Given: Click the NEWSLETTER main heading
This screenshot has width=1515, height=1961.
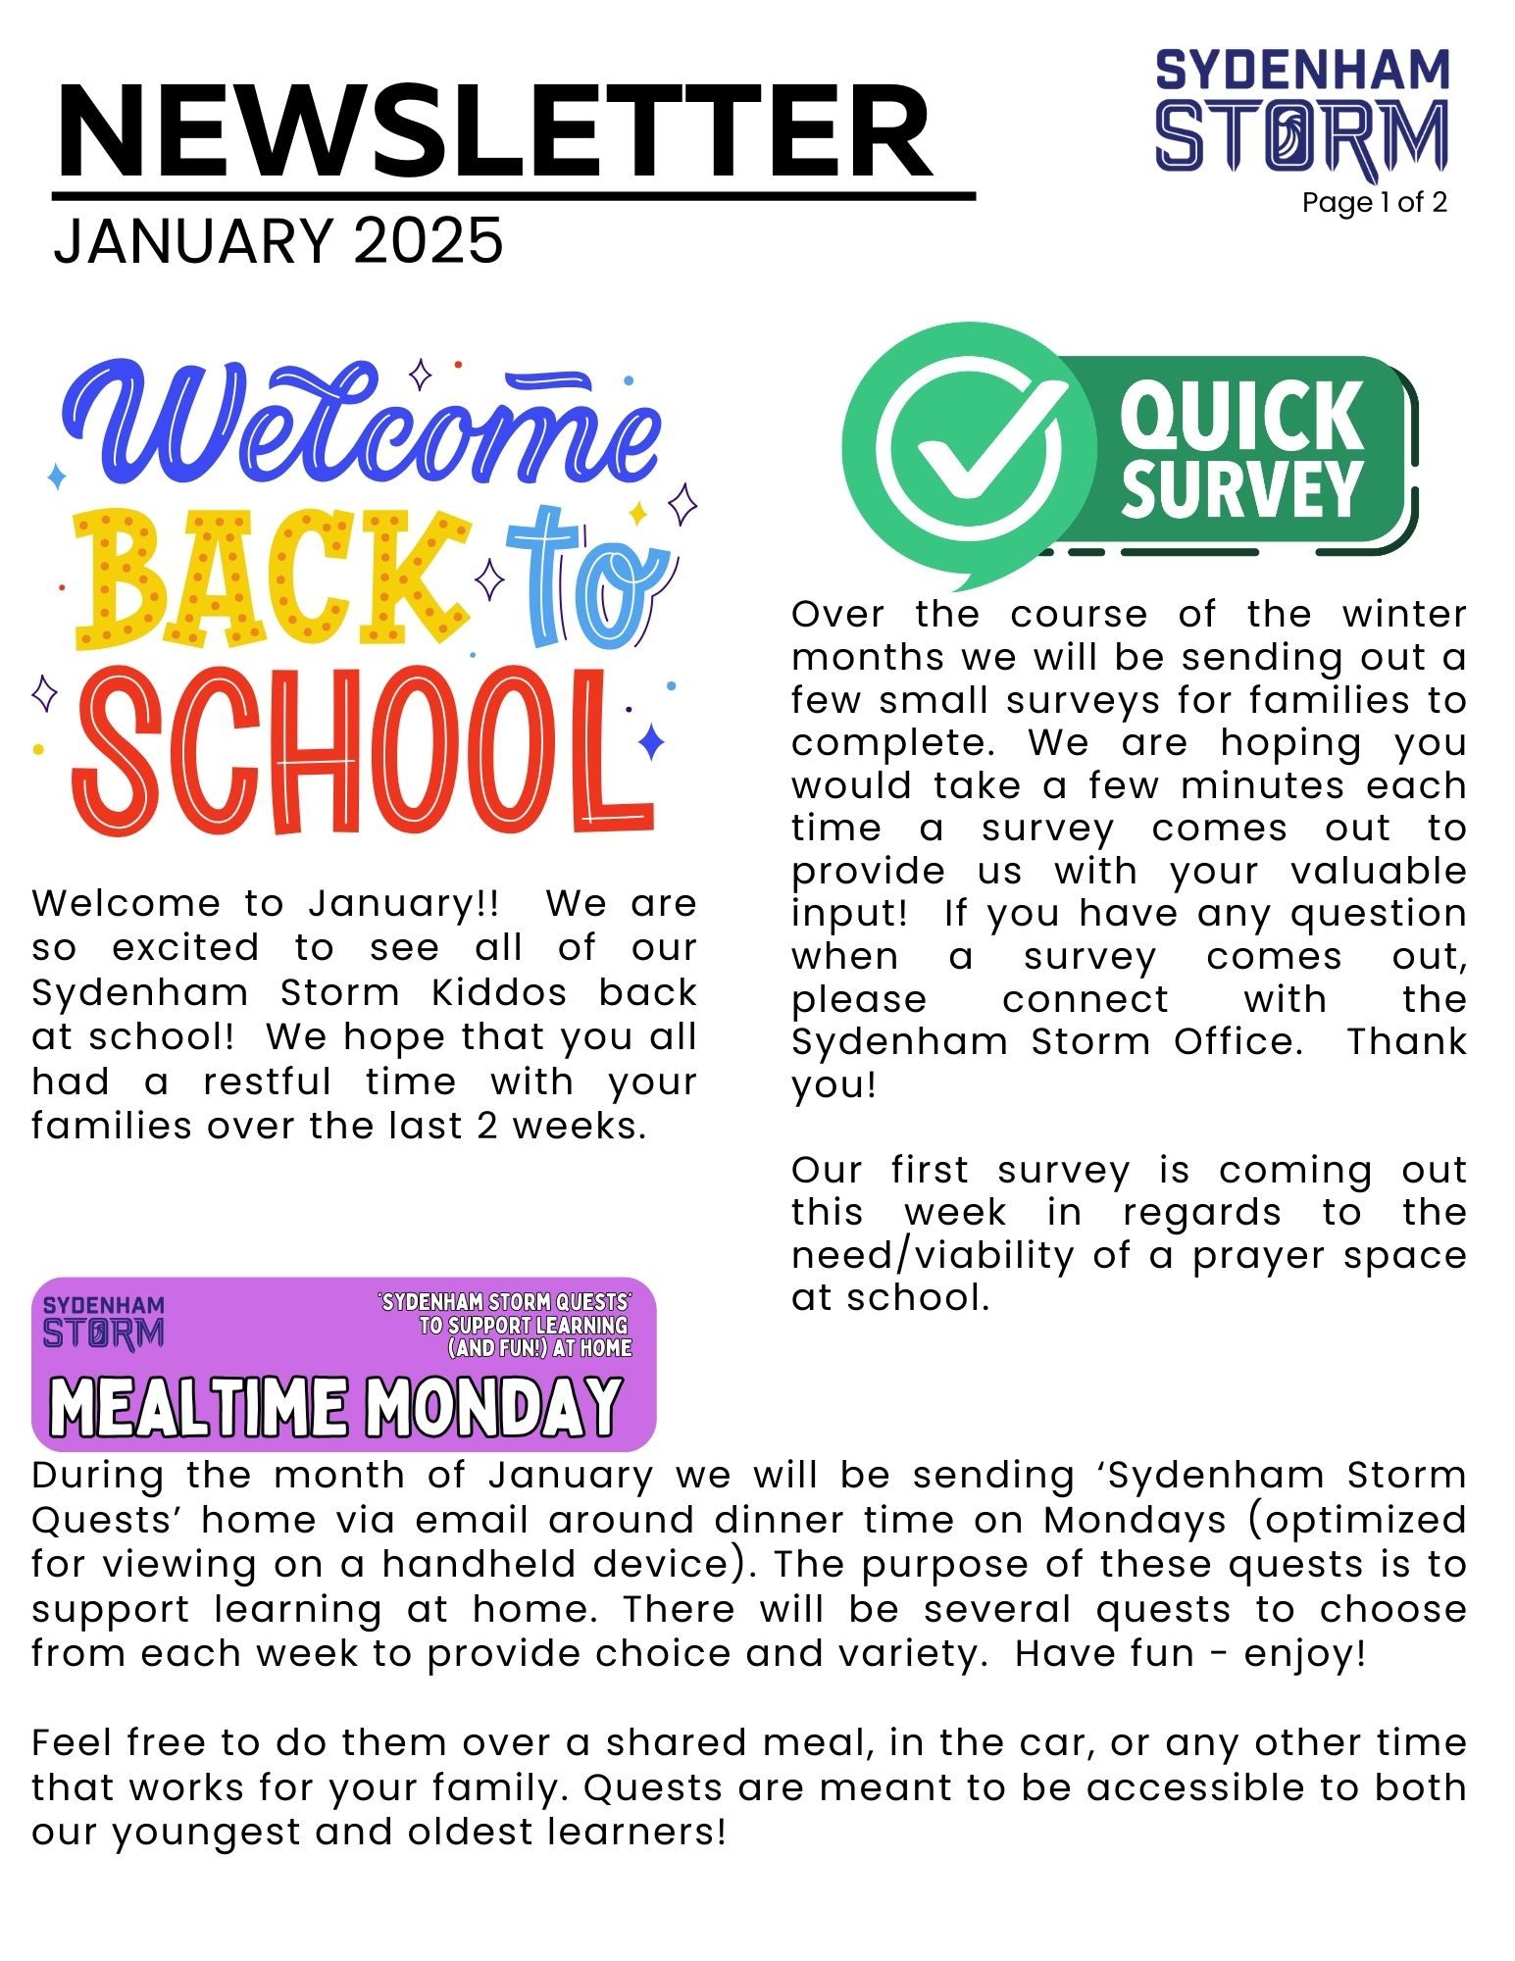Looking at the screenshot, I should click(x=495, y=131).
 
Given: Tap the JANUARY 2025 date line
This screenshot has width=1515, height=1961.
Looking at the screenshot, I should click(x=278, y=241).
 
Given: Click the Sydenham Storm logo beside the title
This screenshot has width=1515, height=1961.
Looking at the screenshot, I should click(x=1301, y=110).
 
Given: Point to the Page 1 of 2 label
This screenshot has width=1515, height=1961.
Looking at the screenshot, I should click(x=1374, y=203).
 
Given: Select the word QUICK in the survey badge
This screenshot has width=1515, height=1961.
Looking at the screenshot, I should click(x=1241, y=417).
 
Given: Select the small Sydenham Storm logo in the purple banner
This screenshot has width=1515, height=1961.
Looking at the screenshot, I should click(x=103, y=1323).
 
